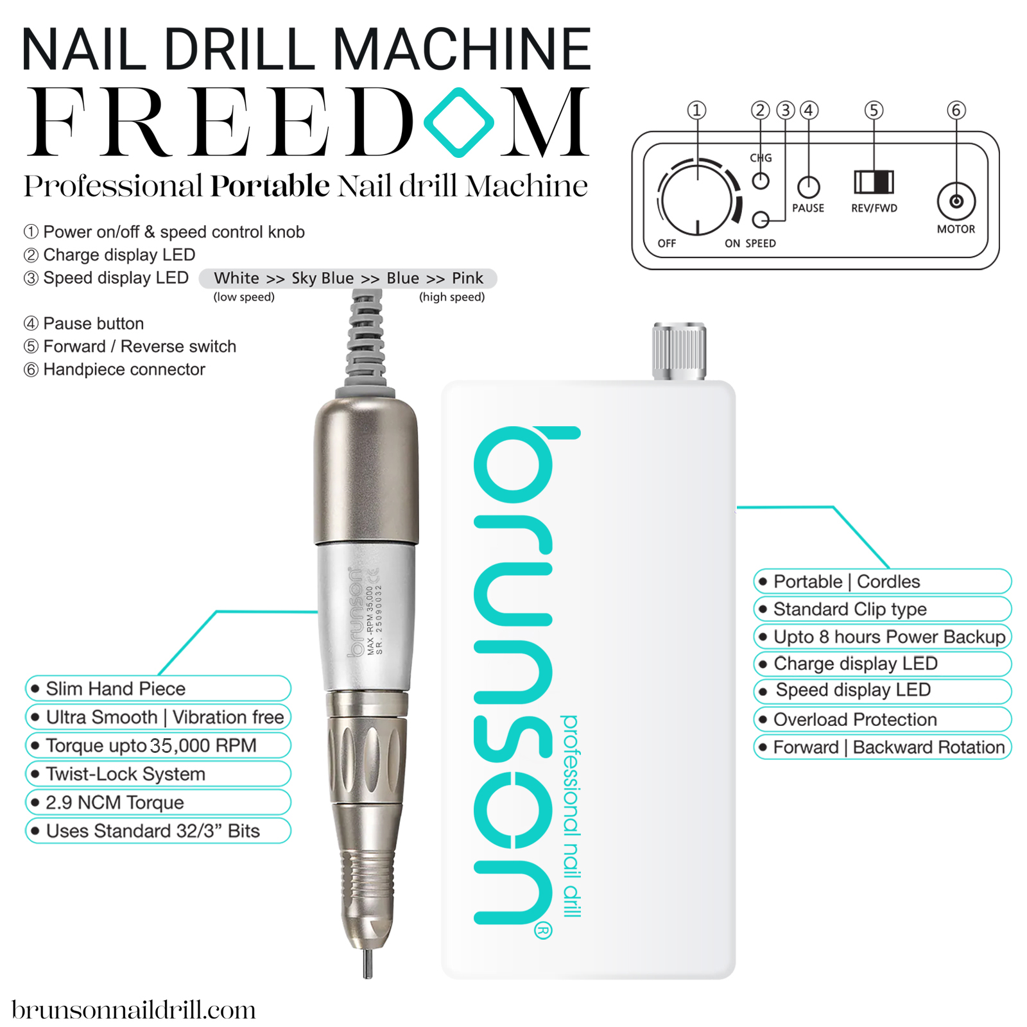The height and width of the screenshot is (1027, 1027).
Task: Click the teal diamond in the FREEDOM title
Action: (459, 122)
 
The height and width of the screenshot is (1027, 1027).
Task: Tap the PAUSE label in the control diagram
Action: (807, 208)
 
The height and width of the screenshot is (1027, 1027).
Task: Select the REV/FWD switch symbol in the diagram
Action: (874, 182)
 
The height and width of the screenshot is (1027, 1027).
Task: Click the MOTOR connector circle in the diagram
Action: (956, 202)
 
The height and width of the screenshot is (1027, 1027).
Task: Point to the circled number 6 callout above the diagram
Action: (956, 110)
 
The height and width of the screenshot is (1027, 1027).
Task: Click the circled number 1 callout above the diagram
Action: (696, 110)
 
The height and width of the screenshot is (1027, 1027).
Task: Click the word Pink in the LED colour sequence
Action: (467, 278)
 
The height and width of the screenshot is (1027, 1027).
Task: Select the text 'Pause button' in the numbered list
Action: (93, 324)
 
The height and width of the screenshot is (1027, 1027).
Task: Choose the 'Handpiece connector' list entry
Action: (124, 370)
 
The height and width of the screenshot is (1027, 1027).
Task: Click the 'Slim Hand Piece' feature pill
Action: (158, 689)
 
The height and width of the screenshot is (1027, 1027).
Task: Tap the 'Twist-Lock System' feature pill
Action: (158, 774)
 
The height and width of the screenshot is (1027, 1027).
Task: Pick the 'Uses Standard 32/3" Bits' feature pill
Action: (158, 831)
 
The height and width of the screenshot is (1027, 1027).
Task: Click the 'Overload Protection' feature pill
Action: (882, 720)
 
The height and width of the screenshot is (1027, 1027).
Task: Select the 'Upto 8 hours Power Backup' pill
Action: (882, 637)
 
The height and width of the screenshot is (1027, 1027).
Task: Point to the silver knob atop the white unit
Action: (679, 351)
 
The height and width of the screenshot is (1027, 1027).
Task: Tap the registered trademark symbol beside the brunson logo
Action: (543, 930)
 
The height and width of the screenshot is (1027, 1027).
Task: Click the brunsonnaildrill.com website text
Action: (134, 1010)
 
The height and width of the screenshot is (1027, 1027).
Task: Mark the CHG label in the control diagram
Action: (761, 158)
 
